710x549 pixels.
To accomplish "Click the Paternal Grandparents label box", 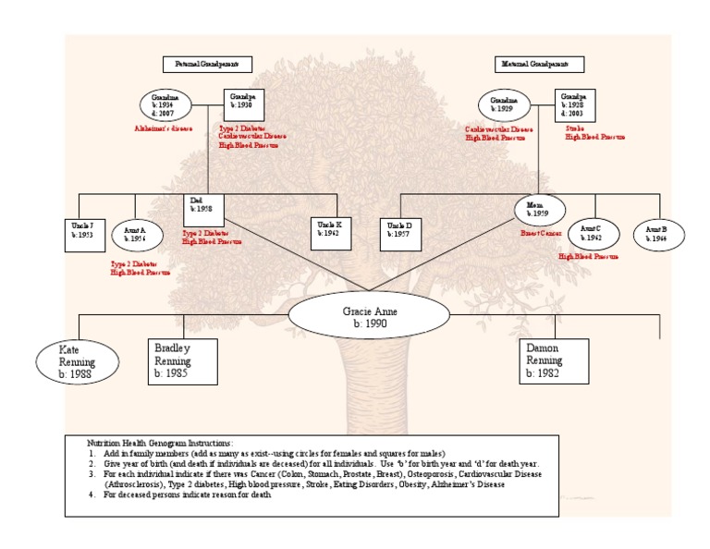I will (x=207, y=64).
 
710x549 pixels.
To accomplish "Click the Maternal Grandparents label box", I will (x=541, y=64).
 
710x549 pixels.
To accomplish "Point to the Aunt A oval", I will (x=137, y=234).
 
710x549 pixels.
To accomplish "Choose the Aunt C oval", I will (x=592, y=234).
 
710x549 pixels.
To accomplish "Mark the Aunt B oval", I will (x=658, y=234).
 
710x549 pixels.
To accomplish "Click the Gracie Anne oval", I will (x=356, y=317).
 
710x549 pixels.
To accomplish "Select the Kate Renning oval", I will (x=78, y=360).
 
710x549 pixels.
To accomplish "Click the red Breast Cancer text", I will (x=541, y=234).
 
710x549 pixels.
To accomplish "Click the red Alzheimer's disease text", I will (x=164, y=128).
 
